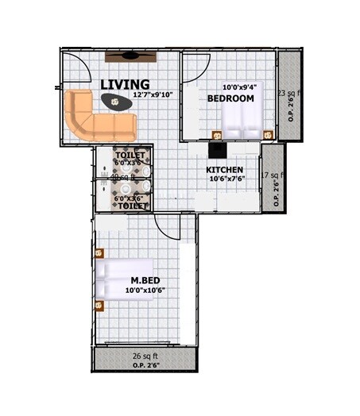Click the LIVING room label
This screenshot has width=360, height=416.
[125, 84]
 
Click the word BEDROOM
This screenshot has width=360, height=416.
[230, 98]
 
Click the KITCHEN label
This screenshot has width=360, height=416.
[224, 171]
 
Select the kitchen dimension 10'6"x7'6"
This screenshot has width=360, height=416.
[226, 179]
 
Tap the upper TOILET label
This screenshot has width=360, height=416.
[130, 154]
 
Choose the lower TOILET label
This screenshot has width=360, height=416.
[132, 206]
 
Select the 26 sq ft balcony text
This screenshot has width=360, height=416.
[145, 356]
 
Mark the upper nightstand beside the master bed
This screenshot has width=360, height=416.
[99, 254]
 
